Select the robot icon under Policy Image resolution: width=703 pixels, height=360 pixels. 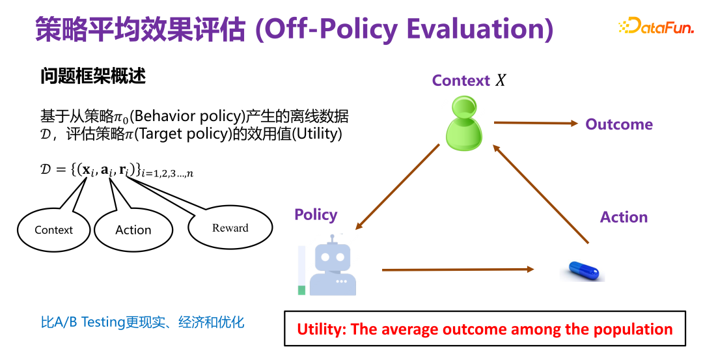point(332,266)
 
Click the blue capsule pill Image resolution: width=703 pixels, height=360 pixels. point(583,270)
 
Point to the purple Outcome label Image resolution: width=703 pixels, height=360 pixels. point(618,124)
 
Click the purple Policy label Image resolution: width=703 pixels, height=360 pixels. point(316,215)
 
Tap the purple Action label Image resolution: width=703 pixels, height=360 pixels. point(624,217)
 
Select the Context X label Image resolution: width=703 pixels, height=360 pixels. point(468,81)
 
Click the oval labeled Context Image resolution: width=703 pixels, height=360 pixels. point(54,230)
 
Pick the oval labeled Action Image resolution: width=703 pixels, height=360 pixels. point(133,230)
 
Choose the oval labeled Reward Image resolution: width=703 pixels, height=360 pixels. point(230,228)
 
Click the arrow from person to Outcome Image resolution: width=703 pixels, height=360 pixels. point(535,123)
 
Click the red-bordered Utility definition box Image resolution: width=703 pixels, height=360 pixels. point(484,329)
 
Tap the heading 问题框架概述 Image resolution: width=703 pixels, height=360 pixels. point(93,76)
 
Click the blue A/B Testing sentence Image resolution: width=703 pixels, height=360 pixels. point(143,322)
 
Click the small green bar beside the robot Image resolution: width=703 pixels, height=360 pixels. point(301,290)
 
